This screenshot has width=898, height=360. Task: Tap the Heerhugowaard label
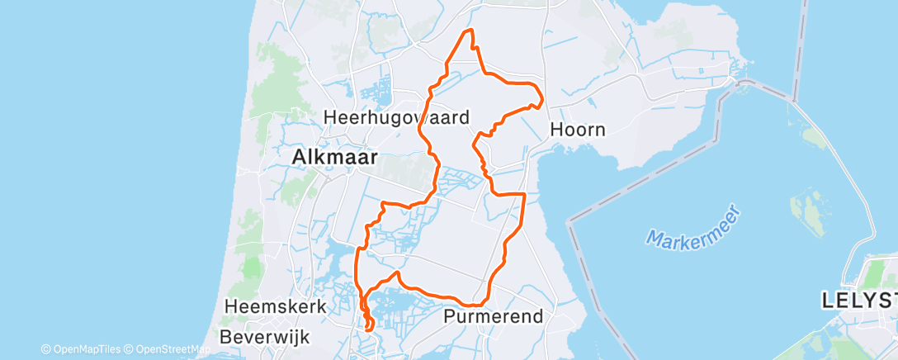[x=396, y=117]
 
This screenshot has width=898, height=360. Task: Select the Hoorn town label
[x=578, y=130]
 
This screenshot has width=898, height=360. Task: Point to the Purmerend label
[x=494, y=316]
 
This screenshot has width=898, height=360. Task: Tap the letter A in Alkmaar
[x=299, y=157]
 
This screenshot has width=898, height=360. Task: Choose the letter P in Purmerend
[x=450, y=316]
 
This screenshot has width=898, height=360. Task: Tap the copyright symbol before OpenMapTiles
[x=46, y=349]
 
